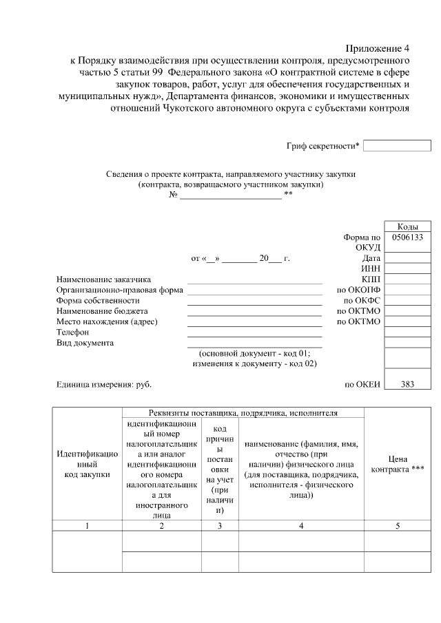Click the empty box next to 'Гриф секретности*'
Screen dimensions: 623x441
(x=396, y=146)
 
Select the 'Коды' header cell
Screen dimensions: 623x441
(x=407, y=227)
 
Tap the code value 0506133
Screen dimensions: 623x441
(x=407, y=237)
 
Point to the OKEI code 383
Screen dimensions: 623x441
(x=407, y=385)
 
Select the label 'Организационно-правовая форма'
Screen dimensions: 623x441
(x=119, y=290)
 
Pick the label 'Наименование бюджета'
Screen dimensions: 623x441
(x=102, y=311)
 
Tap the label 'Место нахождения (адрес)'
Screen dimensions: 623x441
(x=107, y=322)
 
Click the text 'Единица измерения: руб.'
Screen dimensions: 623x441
(x=103, y=385)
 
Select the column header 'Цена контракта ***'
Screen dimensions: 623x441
(x=398, y=464)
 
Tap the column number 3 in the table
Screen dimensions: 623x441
(x=220, y=526)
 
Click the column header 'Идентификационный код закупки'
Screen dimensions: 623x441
(x=88, y=464)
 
